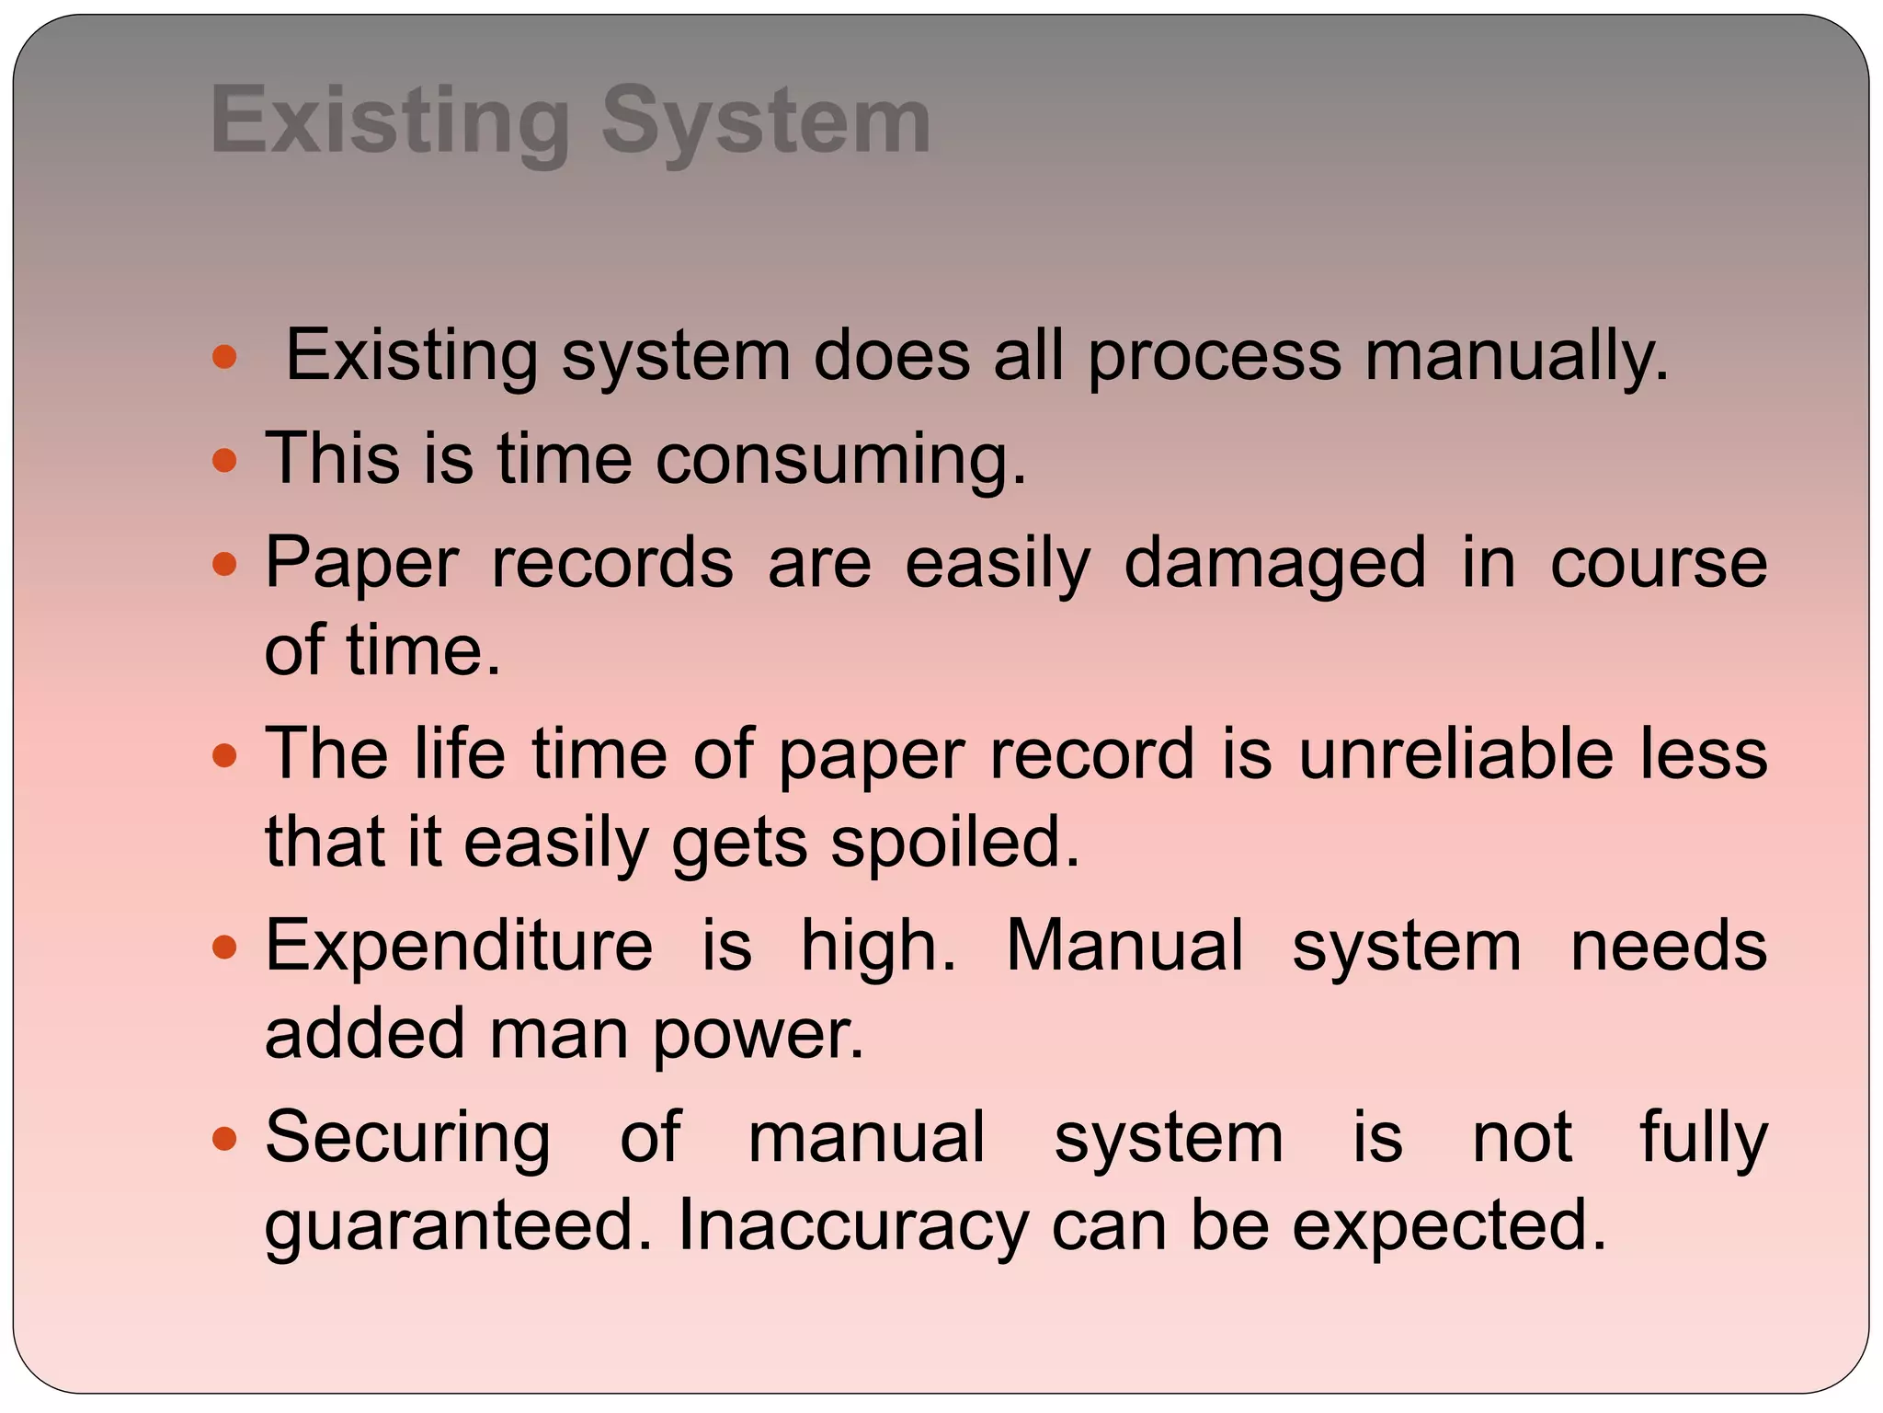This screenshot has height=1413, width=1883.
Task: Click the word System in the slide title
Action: pyautogui.click(x=766, y=121)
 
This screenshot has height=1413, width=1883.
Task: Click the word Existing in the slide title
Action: pyautogui.click(x=391, y=121)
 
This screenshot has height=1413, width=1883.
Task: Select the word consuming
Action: pyautogui.click(x=840, y=460)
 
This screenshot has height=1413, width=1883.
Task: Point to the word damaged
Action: pyautogui.click(x=1275, y=564)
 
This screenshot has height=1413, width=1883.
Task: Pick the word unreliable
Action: pyautogui.click(x=1455, y=754)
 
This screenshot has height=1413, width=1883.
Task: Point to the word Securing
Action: pyautogui.click(x=408, y=1139)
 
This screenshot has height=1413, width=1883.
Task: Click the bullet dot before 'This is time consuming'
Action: pyautogui.click(x=224, y=460)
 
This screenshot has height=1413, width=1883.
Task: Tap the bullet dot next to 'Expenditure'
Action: pyautogui.click(x=224, y=947)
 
